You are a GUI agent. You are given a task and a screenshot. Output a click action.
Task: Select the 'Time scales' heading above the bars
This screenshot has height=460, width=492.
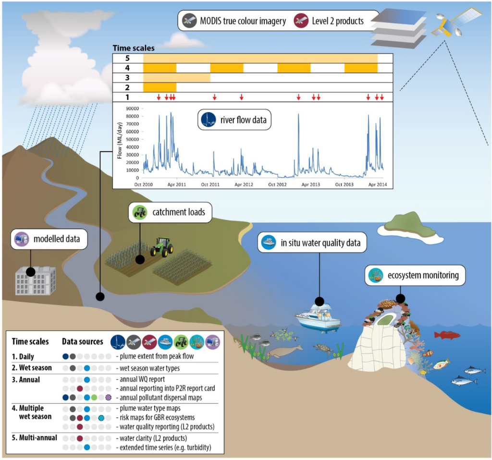[x=133, y=48]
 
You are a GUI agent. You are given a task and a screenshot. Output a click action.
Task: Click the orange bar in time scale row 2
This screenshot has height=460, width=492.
[x=160, y=87]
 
